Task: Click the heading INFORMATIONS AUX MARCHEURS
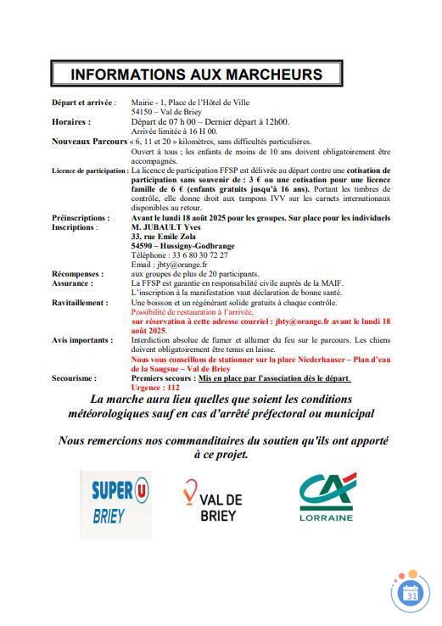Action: point(196,74)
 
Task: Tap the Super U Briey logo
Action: point(116,503)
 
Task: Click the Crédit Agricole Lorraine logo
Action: point(325,498)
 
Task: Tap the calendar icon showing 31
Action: point(411,595)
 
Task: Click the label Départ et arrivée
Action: point(82,102)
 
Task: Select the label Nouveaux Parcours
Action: point(88,141)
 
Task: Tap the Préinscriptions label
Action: point(81,218)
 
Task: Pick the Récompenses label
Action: point(78,274)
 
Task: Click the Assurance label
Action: point(71,283)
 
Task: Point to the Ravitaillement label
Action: point(80,303)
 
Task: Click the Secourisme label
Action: point(74,378)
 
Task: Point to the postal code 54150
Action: point(142,111)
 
